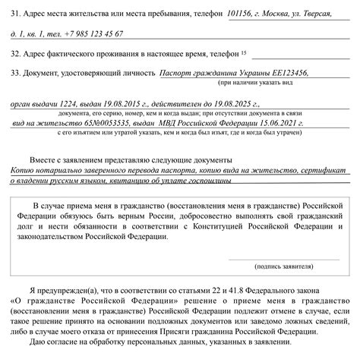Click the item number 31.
17,17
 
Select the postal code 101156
243,16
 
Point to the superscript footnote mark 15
244,52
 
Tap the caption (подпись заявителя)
284,267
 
